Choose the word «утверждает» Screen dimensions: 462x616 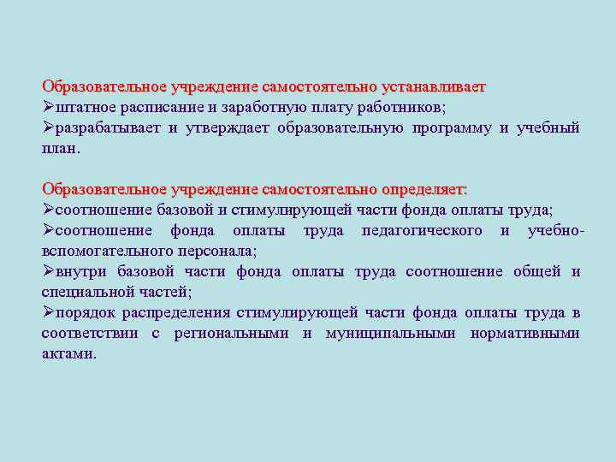228,128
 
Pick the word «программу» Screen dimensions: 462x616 452,128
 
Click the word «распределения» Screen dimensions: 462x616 181,313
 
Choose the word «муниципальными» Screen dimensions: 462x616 390,334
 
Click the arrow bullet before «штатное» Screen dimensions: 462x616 49,108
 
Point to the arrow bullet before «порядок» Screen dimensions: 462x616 49,312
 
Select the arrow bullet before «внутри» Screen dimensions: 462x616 49,271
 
